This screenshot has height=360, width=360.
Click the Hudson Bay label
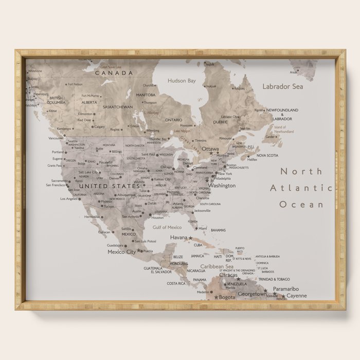(x=182, y=81)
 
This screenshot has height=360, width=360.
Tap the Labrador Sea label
(x=282, y=86)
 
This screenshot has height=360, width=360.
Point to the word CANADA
(x=113, y=73)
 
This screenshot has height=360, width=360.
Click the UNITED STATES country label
(x=109, y=186)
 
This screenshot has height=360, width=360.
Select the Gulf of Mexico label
(x=167, y=227)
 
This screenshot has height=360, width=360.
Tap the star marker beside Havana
(x=190, y=238)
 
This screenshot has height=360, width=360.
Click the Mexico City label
(x=121, y=252)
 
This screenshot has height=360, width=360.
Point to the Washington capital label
(x=223, y=185)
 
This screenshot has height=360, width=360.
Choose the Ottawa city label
(x=210, y=149)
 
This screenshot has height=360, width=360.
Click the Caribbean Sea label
(x=217, y=266)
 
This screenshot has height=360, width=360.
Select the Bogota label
(x=227, y=297)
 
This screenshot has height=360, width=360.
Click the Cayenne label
(x=296, y=296)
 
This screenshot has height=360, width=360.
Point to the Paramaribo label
(x=286, y=289)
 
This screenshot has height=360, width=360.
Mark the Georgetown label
(x=252, y=294)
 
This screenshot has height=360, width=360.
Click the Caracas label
(x=228, y=275)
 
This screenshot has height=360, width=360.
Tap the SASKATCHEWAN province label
(x=118, y=107)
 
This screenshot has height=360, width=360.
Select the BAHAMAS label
(x=218, y=230)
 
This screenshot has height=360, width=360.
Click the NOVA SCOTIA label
(x=267, y=155)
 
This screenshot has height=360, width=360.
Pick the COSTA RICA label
(x=176, y=283)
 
